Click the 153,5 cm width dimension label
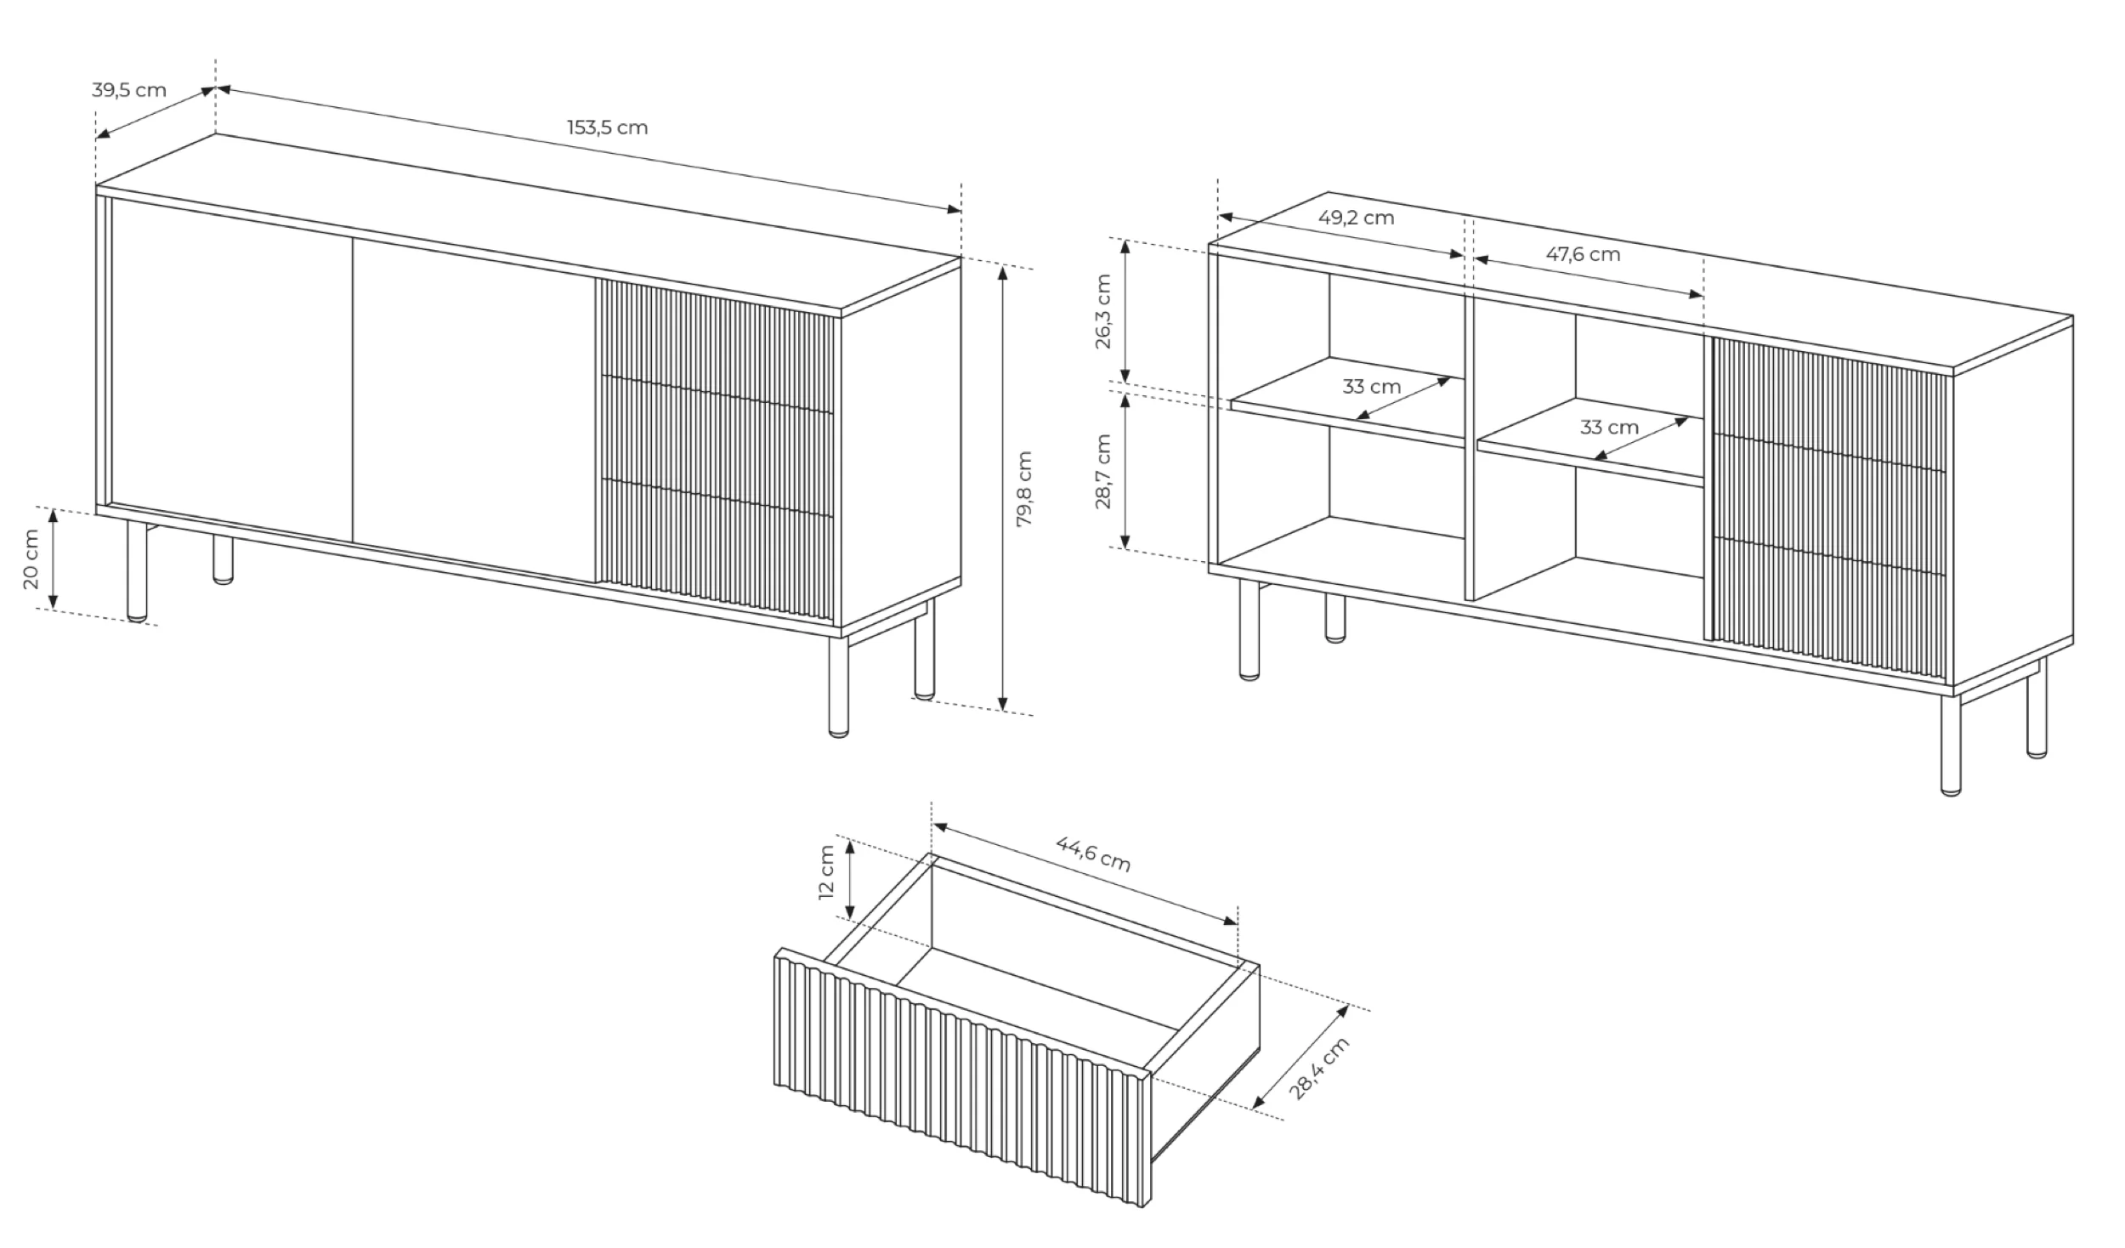607,128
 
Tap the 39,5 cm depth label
129,90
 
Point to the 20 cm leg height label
30,559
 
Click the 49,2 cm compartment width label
1357,218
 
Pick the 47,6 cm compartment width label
1583,254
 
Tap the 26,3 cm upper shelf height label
1102,311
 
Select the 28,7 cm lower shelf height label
1102,472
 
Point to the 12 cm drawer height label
826,872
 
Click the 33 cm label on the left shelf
1372,387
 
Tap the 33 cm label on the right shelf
1609,427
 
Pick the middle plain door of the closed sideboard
473,411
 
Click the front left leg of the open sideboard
1249,630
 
